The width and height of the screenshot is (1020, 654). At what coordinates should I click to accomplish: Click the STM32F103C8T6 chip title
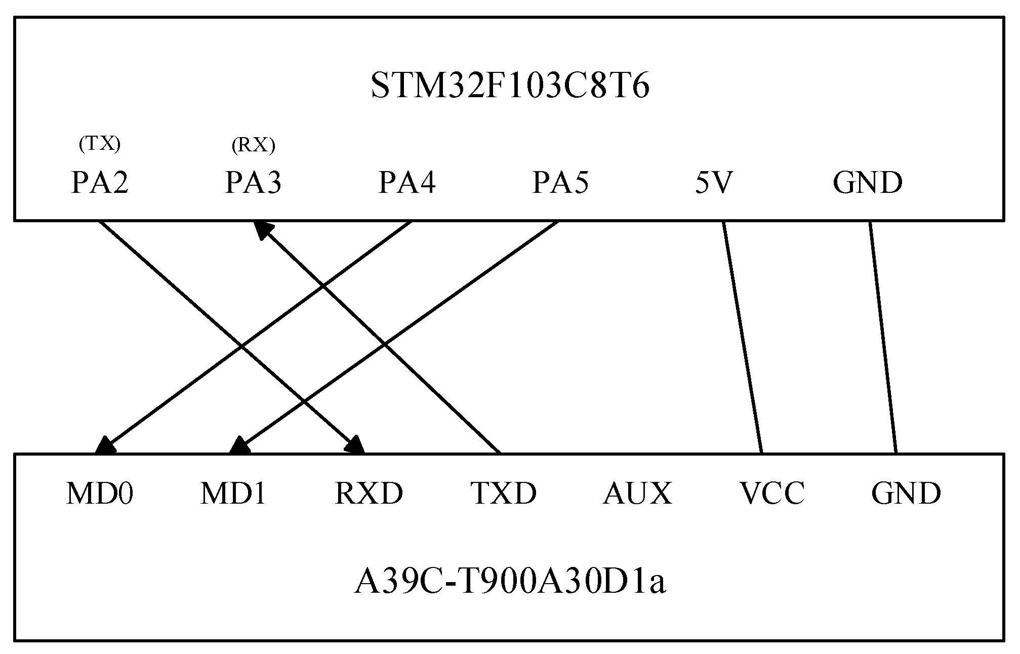[x=510, y=86]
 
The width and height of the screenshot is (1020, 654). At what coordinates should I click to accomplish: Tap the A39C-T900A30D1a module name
[x=509, y=582]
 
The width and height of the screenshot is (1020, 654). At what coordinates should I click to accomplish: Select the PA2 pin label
[x=100, y=183]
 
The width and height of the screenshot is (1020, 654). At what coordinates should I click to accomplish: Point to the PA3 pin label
[x=253, y=183]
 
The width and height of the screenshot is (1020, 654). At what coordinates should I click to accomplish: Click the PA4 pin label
[x=406, y=183]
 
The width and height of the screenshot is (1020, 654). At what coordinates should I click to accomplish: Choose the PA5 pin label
[x=560, y=183]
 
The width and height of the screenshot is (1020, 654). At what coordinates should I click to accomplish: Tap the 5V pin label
[x=714, y=183]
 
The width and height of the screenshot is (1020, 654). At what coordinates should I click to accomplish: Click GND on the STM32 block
[x=867, y=183]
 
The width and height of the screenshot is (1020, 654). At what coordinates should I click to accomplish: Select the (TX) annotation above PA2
[x=100, y=145]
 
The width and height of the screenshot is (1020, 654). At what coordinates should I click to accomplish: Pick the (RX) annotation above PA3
[x=253, y=146]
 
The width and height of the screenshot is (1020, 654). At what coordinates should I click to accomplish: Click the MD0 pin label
[x=100, y=493]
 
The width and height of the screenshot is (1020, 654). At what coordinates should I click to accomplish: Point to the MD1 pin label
[x=233, y=493]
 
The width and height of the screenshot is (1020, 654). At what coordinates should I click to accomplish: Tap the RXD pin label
[x=369, y=493]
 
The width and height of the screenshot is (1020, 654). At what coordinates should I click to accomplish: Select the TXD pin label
[x=504, y=493]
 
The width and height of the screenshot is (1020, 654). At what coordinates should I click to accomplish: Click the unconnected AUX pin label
[x=637, y=493]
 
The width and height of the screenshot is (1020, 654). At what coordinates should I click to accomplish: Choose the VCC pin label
[x=772, y=493]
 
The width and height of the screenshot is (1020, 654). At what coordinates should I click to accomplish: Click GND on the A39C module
[x=906, y=493]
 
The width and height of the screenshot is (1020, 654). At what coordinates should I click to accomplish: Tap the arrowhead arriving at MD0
[x=105, y=445]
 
